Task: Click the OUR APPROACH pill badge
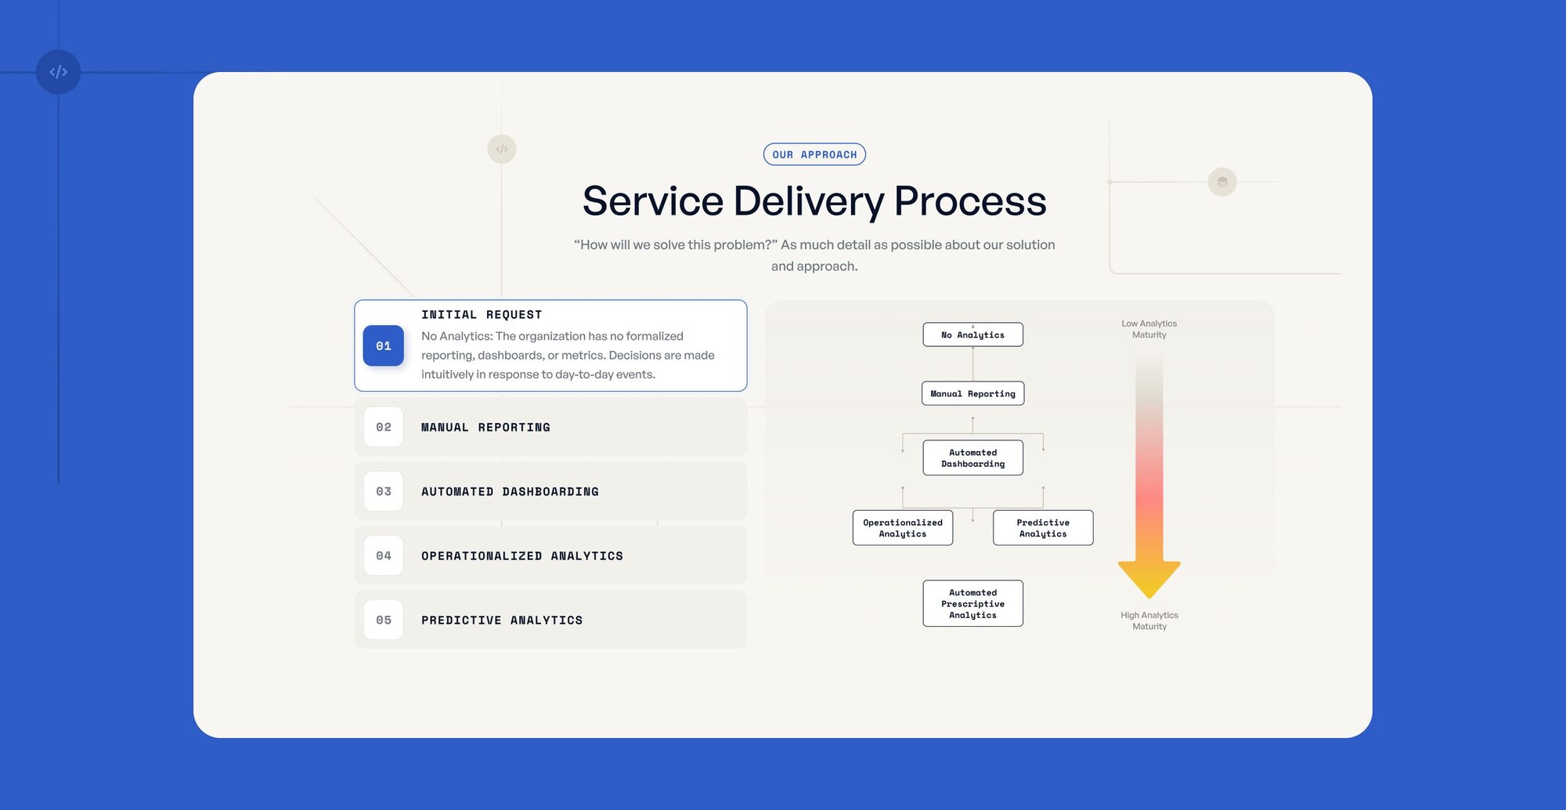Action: coord(814,154)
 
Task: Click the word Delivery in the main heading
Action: coord(809,201)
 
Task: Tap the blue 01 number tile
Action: coord(384,346)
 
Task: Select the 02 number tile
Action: coord(384,427)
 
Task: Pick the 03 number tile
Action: coord(384,491)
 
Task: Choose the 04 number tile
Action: coord(384,555)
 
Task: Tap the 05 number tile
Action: coord(384,620)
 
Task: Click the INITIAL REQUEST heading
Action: coord(482,315)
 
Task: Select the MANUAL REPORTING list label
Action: coord(485,428)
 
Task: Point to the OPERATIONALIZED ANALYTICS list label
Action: coord(522,556)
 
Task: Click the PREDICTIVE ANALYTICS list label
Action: coord(502,620)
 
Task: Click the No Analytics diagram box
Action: coord(972,334)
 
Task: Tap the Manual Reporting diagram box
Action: coord(972,393)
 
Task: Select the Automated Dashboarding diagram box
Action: coord(972,457)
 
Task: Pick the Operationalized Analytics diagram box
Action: coord(903,528)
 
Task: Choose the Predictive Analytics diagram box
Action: coord(1043,528)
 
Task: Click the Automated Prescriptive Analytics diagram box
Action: coord(972,603)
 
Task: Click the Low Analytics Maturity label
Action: coord(1149,329)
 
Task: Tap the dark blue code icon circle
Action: coord(59,72)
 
